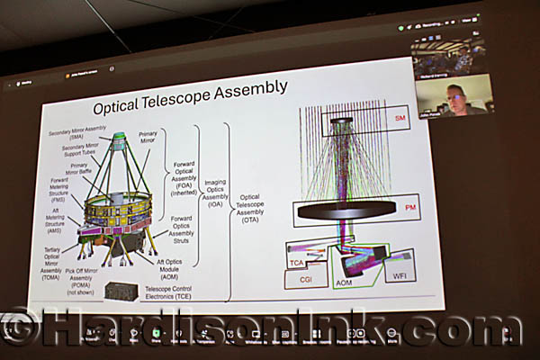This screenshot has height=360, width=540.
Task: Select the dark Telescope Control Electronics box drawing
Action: (121, 291)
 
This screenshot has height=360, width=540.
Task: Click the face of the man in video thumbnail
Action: (456, 95)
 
